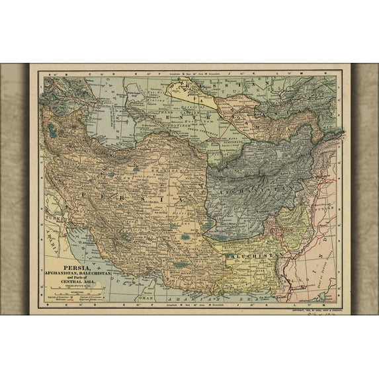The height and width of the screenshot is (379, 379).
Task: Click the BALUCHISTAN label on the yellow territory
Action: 254,255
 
